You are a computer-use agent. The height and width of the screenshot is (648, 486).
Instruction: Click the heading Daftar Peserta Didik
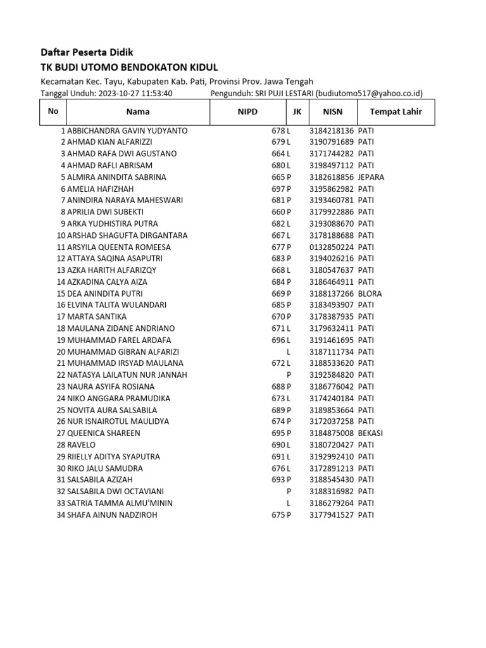click(x=87, y=53)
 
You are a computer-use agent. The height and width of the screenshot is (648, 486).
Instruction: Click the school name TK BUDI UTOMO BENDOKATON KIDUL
click(x=129, y=68)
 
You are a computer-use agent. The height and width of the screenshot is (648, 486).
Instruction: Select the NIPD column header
click(x=247, y=111)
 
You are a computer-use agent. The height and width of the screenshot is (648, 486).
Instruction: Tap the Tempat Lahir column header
click(x=396, y=111)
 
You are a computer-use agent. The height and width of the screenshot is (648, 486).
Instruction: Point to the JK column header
click(x=297, y=111)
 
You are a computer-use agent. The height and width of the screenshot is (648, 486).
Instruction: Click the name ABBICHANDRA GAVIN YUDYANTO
click(x=127, y=130)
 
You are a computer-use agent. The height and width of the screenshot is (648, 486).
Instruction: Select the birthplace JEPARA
click(x=371, y=177)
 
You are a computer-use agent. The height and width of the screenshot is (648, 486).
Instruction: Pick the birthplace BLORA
click(x=370, y=294)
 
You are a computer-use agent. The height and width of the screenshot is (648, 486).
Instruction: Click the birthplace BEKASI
click(x=370, y=433)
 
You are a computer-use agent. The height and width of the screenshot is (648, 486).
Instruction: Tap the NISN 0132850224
click(x=332, y=247)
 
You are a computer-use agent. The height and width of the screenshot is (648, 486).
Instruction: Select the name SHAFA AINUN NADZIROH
click(x=112, y=515)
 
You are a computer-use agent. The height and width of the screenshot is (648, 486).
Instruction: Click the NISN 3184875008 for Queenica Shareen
click(x=332, y=433)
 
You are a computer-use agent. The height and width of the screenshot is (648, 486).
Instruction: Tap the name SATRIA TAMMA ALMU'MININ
click(x=120, y=503)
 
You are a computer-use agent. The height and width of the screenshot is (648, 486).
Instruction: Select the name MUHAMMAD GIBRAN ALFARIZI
click(x=123, y=352)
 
